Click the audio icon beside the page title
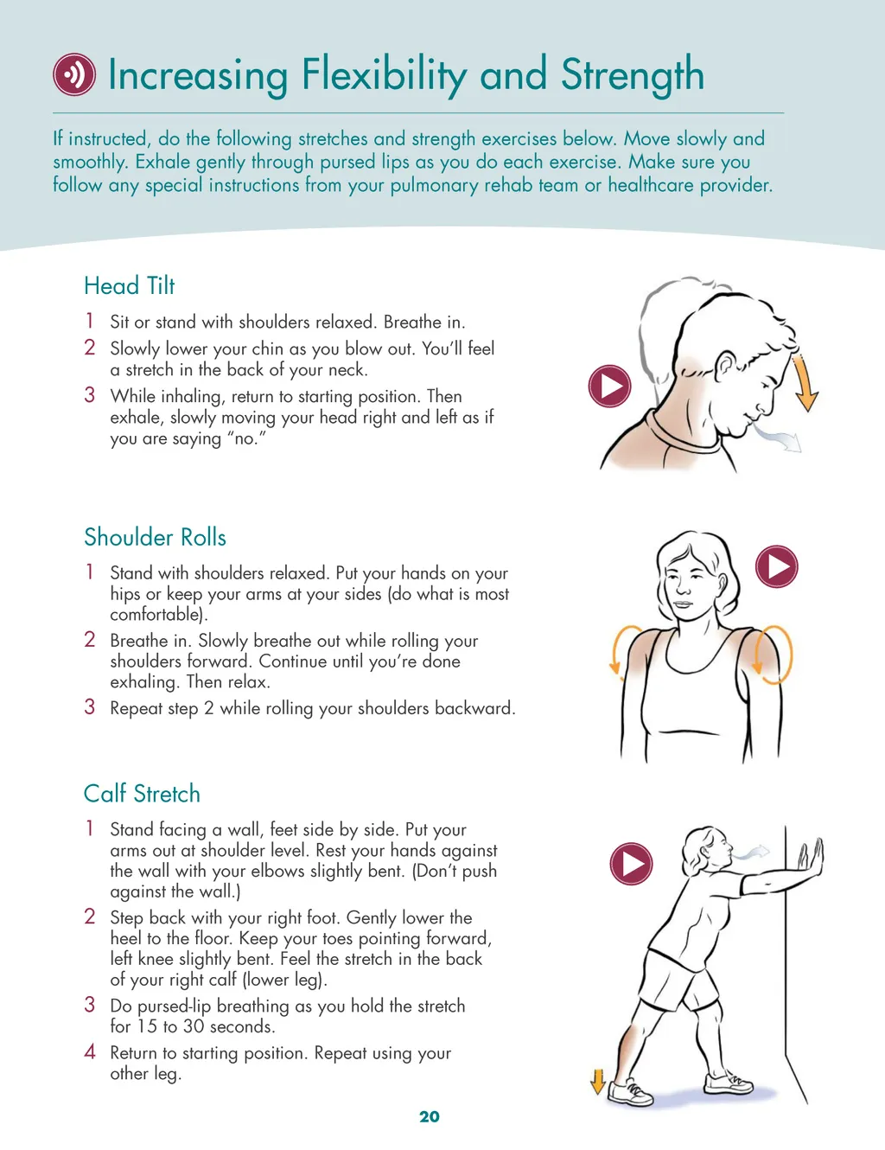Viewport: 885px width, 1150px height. pos(74,74)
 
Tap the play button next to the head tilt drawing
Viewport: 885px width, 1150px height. pos(609,386)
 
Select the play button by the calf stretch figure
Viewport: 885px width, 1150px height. pos(631,864)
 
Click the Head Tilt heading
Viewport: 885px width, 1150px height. pos(129,286)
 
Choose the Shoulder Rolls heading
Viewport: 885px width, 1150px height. pos(155,537)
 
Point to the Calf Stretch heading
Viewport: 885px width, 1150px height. pos(142,794)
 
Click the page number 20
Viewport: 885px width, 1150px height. pos(429,1116)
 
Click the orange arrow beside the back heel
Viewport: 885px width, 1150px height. pos(598,1082)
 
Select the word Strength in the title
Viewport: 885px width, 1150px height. pos(633,76)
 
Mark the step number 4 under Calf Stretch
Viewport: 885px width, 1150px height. pos(90,1051)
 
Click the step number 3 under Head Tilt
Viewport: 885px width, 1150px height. pos(90,395)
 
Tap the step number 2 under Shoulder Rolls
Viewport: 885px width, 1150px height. pos(90,639)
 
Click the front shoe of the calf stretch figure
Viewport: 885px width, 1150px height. pos(729,1083)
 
